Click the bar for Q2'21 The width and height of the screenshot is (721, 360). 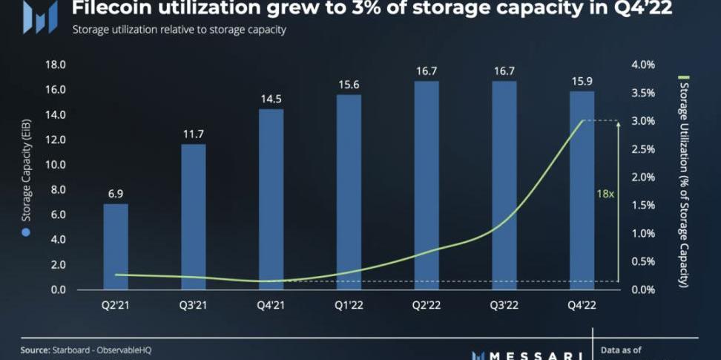click(x=116, y=246)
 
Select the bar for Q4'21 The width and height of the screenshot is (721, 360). click(x=271, y=199)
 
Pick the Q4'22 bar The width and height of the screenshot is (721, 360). click(x=582, y=190)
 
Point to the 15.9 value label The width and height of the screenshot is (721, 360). click(x=582, y=79)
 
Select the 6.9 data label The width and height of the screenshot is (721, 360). click(x=116, y=192)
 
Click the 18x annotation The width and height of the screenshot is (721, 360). click(x=605, y=193)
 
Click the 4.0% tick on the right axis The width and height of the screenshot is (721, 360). click(x=643, y=65)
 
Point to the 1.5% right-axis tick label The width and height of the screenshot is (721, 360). click(x=643, y=205)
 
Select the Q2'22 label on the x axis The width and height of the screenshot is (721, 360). click(x=426, y=304)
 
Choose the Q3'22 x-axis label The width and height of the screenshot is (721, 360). click(x=504, y=304)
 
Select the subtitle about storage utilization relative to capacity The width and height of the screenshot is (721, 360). click(x=179, y=30)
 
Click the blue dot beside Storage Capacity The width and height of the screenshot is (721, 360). click(x=26, y=233)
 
